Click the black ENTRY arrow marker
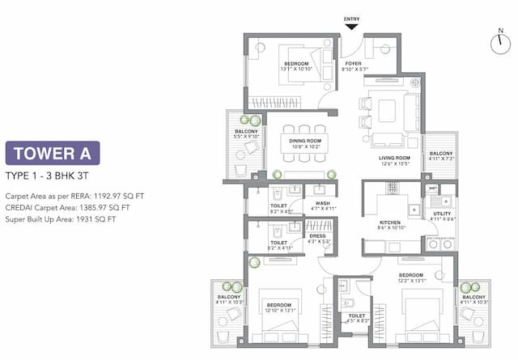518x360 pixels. coord(351,27)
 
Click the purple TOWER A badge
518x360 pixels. coord(53,153)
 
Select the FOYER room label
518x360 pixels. coord(353,63)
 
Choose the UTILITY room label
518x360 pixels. coord(442,214)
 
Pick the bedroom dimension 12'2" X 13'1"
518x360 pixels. coord(410,281)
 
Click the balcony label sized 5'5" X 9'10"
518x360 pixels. coord(247,137)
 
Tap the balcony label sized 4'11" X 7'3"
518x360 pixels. coord(440,159)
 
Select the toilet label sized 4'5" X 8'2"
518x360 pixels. coord(357,321)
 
